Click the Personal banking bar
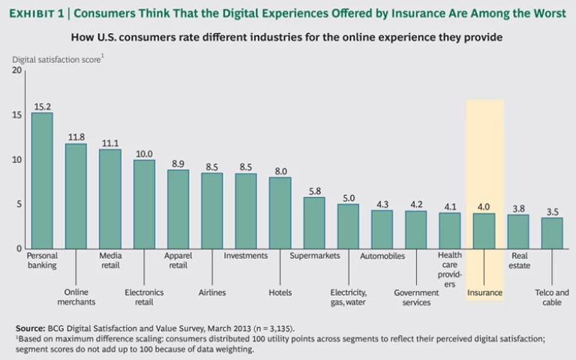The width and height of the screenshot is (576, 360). tap(42, 181)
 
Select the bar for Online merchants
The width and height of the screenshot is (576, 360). tap(76, 196)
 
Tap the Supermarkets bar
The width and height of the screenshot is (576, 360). tap(314, 223)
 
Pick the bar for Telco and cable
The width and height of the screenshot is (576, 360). tap(552, 233)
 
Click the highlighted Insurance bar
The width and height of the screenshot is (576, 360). tap(484, 231)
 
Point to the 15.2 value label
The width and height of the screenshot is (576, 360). tap(42, 106)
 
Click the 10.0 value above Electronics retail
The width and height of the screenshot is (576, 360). tap(144, 153)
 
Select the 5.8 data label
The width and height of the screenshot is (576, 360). tap(314, 190)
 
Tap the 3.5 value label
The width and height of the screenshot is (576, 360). tap(552, 211)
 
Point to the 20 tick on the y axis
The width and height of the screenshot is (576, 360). tap(17, 70)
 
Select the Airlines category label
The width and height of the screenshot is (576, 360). tap(212, 292)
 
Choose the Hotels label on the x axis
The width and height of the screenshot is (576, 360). tap(280, 292)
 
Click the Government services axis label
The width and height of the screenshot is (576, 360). tap(416, 297)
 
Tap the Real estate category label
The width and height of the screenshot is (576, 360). tap(519, 260)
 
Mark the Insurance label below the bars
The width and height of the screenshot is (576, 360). tap(484, 292)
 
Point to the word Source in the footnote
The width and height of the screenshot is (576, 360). tap(30, 328)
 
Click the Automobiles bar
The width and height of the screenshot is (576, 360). tap(382, 229)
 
